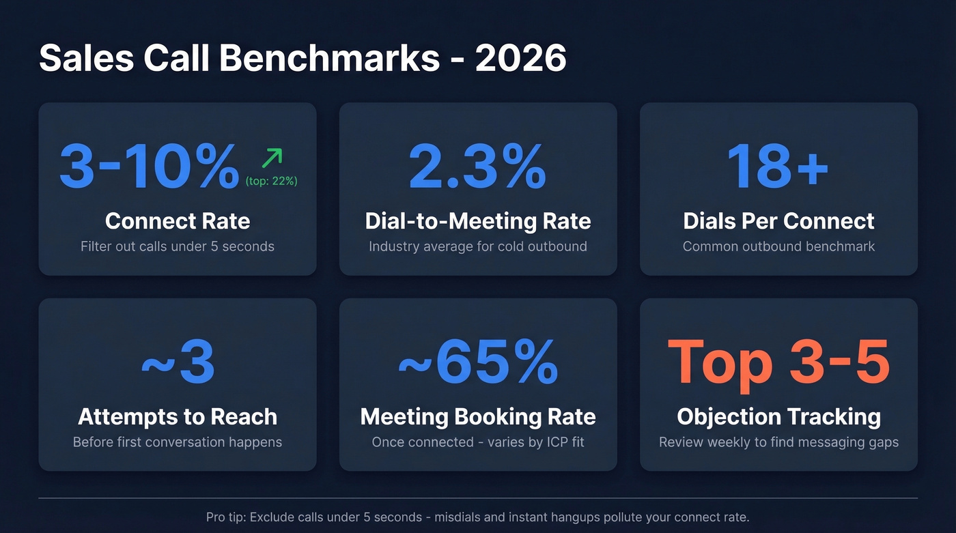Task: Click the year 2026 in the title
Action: pos(520,59)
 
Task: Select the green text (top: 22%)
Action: pos(272,182)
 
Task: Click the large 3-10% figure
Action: pos(150,166)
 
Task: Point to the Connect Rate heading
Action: pos(178,221)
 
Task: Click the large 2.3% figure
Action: pos(477,166)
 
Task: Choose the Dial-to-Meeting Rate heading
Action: pos(478,221)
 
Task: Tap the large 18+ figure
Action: pos(778,166)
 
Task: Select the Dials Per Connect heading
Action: pos(778,221)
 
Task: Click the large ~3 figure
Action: pos(178,362)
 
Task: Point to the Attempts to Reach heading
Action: pos(178,416)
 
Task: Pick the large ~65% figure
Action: pos(478,362)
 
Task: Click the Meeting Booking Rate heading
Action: pos(478,416)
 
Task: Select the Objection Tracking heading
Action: pos(778,416)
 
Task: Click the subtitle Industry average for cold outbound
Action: pos(478,246)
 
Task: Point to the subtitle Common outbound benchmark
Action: pos(778,246)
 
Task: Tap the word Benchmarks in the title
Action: pos(329,59)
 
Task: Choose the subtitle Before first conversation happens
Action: pos(178,442)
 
